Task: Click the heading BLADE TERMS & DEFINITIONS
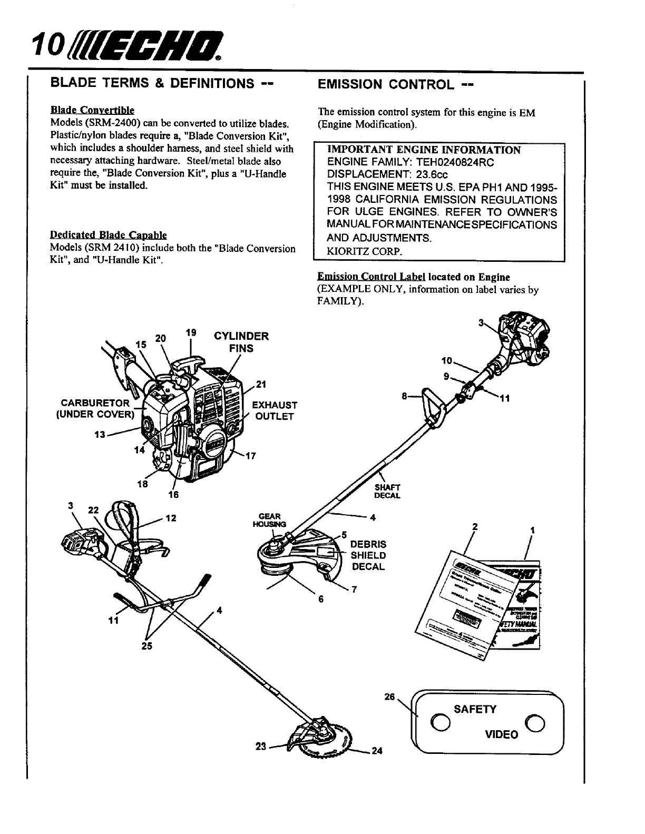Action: [x=161, y=84]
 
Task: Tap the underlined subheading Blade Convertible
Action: [x=92, y=111]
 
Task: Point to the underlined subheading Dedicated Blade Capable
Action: [x=108, y=236]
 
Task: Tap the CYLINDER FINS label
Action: [x=241, y=342]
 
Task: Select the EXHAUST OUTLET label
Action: [x=275, y=410]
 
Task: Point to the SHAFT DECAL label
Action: [x=387, y=491]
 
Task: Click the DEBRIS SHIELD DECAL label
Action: [x=368, y=555]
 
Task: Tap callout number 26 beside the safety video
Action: [x=390, y=696]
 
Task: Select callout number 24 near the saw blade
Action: [x=376, y=751]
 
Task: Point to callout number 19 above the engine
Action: [x=191, y=332]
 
